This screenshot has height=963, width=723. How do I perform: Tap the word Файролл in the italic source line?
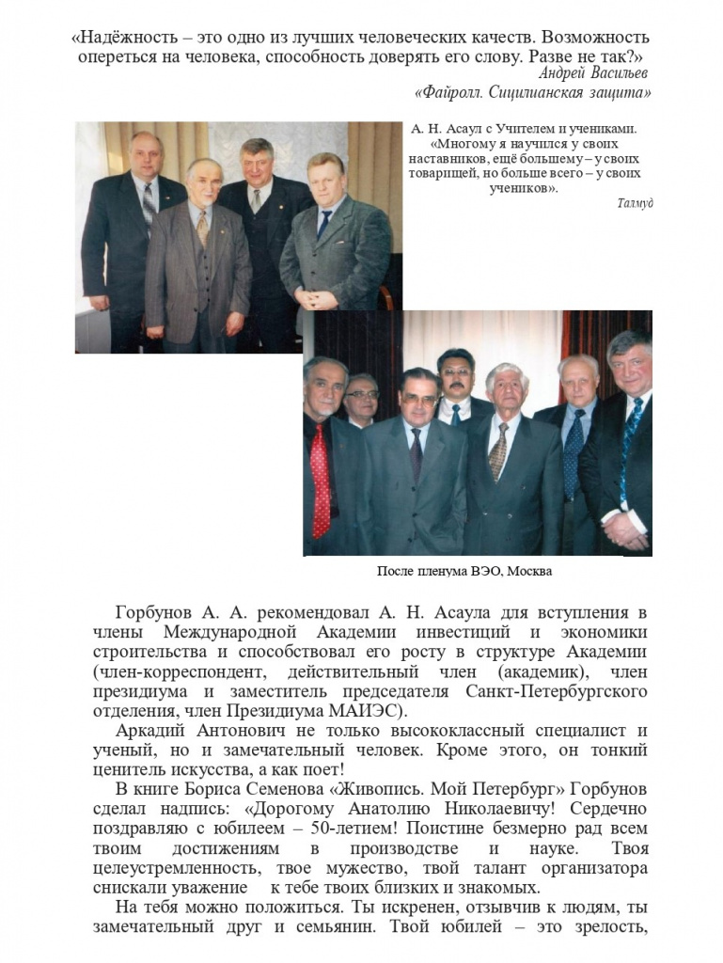pos(454,92)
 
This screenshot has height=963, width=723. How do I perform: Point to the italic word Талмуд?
pos(635,204)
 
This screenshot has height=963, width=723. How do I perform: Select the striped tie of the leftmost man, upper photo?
pos(148,206)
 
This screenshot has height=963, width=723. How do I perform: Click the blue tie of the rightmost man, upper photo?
pos(323,224)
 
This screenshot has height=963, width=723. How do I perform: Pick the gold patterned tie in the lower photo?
pos(499,451)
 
